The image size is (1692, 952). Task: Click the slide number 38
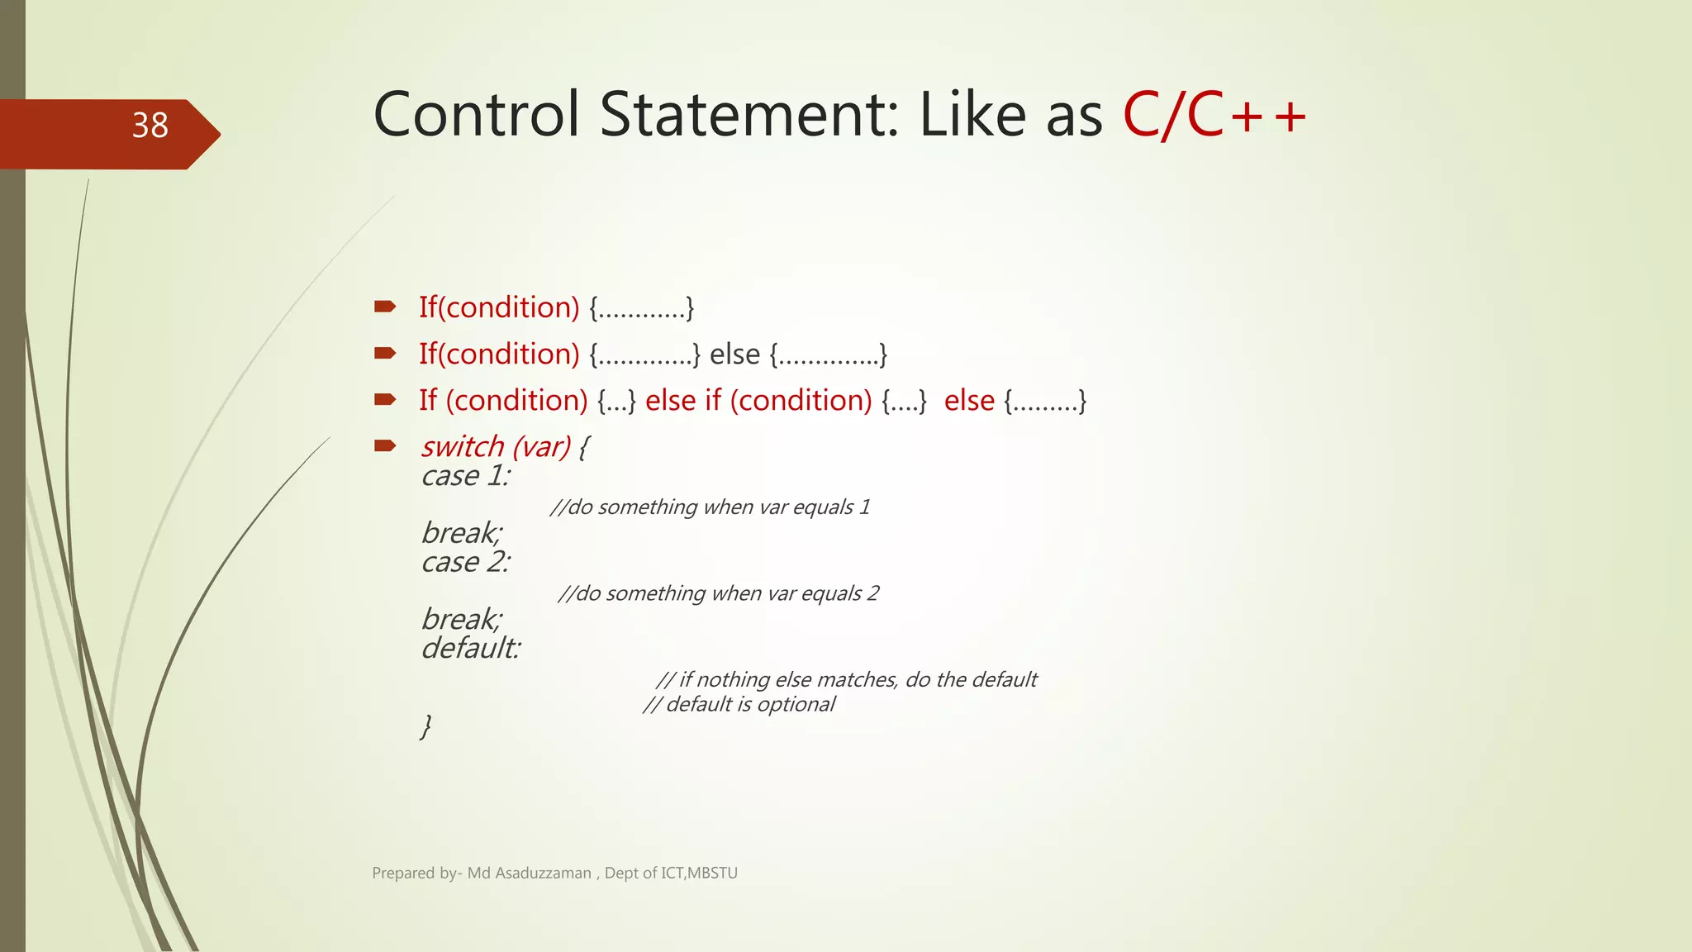(x=150, y=126)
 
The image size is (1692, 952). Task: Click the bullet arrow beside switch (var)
(x=385, y=446)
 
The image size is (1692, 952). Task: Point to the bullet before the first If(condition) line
(x=385, y=307)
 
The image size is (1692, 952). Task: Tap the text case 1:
(x=465, y=476)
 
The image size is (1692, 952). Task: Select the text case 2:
(x=465, y=562)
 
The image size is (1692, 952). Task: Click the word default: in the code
(x=471, y=648)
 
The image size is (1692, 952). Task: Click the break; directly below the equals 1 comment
(x=461, y=533)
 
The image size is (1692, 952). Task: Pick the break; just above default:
(x=461, y=619)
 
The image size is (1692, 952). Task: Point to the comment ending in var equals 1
(x=710, y=507)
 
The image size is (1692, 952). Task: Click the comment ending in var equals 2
(x=718, y=593)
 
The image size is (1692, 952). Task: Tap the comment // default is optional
(x=739, y=704)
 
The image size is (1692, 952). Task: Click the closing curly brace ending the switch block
(x=426, y=726)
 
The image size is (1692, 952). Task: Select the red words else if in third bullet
(x=682, y=401)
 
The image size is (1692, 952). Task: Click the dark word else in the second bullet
(x=734, y=355)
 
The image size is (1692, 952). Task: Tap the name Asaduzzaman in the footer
(x=543, y=873)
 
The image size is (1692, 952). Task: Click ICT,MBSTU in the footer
(x=699, y=873)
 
